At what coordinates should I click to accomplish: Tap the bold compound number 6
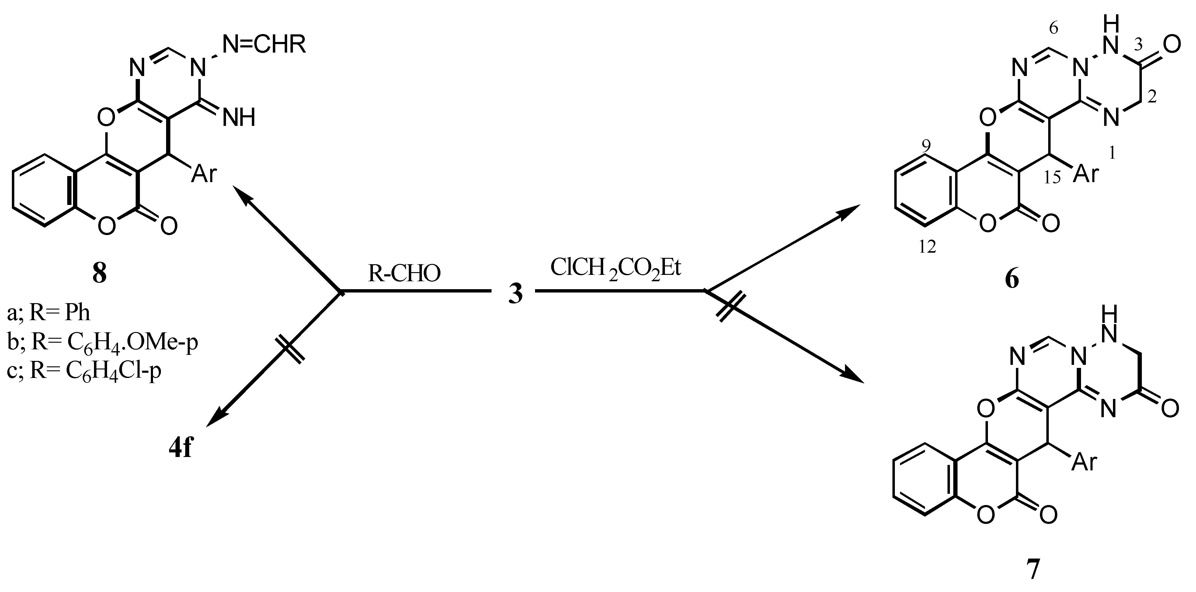point(1012,279)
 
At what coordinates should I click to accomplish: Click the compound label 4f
point(181,449)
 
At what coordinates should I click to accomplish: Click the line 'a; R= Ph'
point(49,313)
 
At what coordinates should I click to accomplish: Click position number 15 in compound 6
point(1052,177)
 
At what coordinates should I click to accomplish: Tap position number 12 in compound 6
point(928,248)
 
